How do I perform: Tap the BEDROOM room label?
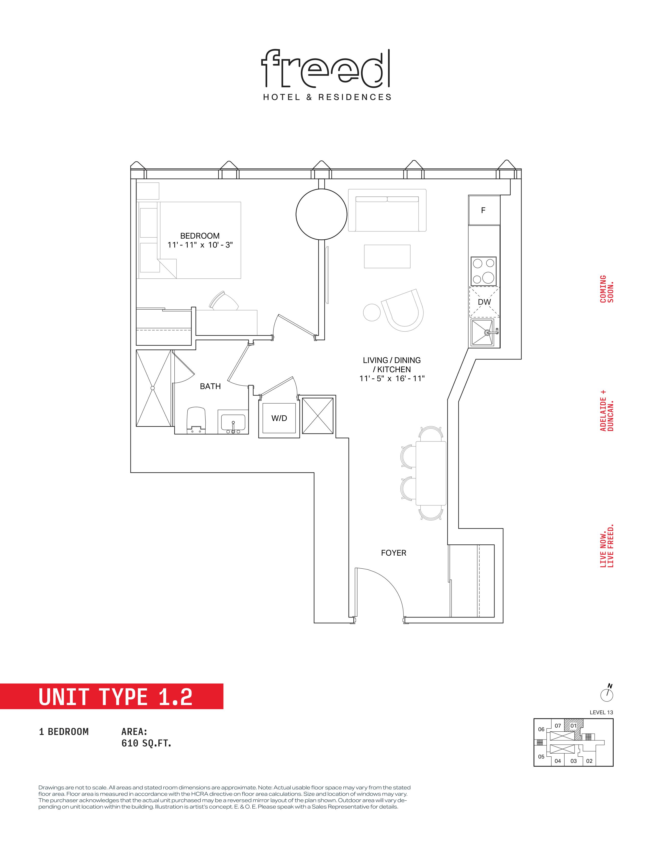[x=200, y=236]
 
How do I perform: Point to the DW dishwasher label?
[x=484, y=302]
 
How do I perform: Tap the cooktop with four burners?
[x=484, y=271]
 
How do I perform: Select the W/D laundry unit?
[x=279, y=418]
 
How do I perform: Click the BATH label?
[x=210, y=386]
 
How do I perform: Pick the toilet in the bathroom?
[x=197, y=420]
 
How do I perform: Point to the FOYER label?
[x=394, y=553]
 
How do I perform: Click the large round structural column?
[x=321, y=214]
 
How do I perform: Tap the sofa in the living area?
[x=387, y=210]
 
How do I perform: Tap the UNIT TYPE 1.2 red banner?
[x=112, y=696]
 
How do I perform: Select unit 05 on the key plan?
[x=541, y=757]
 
